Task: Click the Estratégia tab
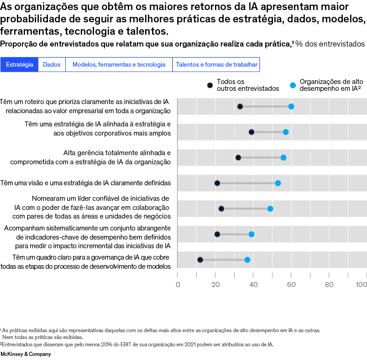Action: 20,65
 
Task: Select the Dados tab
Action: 52,65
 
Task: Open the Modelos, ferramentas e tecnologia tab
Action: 119,65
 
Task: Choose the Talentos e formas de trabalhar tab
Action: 216,65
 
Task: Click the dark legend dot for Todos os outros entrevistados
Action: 210,85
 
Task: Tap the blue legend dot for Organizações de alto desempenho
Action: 293,85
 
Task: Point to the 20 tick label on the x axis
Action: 215,285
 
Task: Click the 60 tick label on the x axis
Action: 291,285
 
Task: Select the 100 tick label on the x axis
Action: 362,285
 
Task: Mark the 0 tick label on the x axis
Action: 178,285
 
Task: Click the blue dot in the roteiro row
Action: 291,107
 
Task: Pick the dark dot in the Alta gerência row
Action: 238,157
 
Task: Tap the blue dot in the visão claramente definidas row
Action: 278,183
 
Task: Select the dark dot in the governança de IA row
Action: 200,260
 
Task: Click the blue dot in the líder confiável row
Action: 270,209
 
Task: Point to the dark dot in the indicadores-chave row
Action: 217,234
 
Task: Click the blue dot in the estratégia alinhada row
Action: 286,132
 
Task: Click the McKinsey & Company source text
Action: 26,354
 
